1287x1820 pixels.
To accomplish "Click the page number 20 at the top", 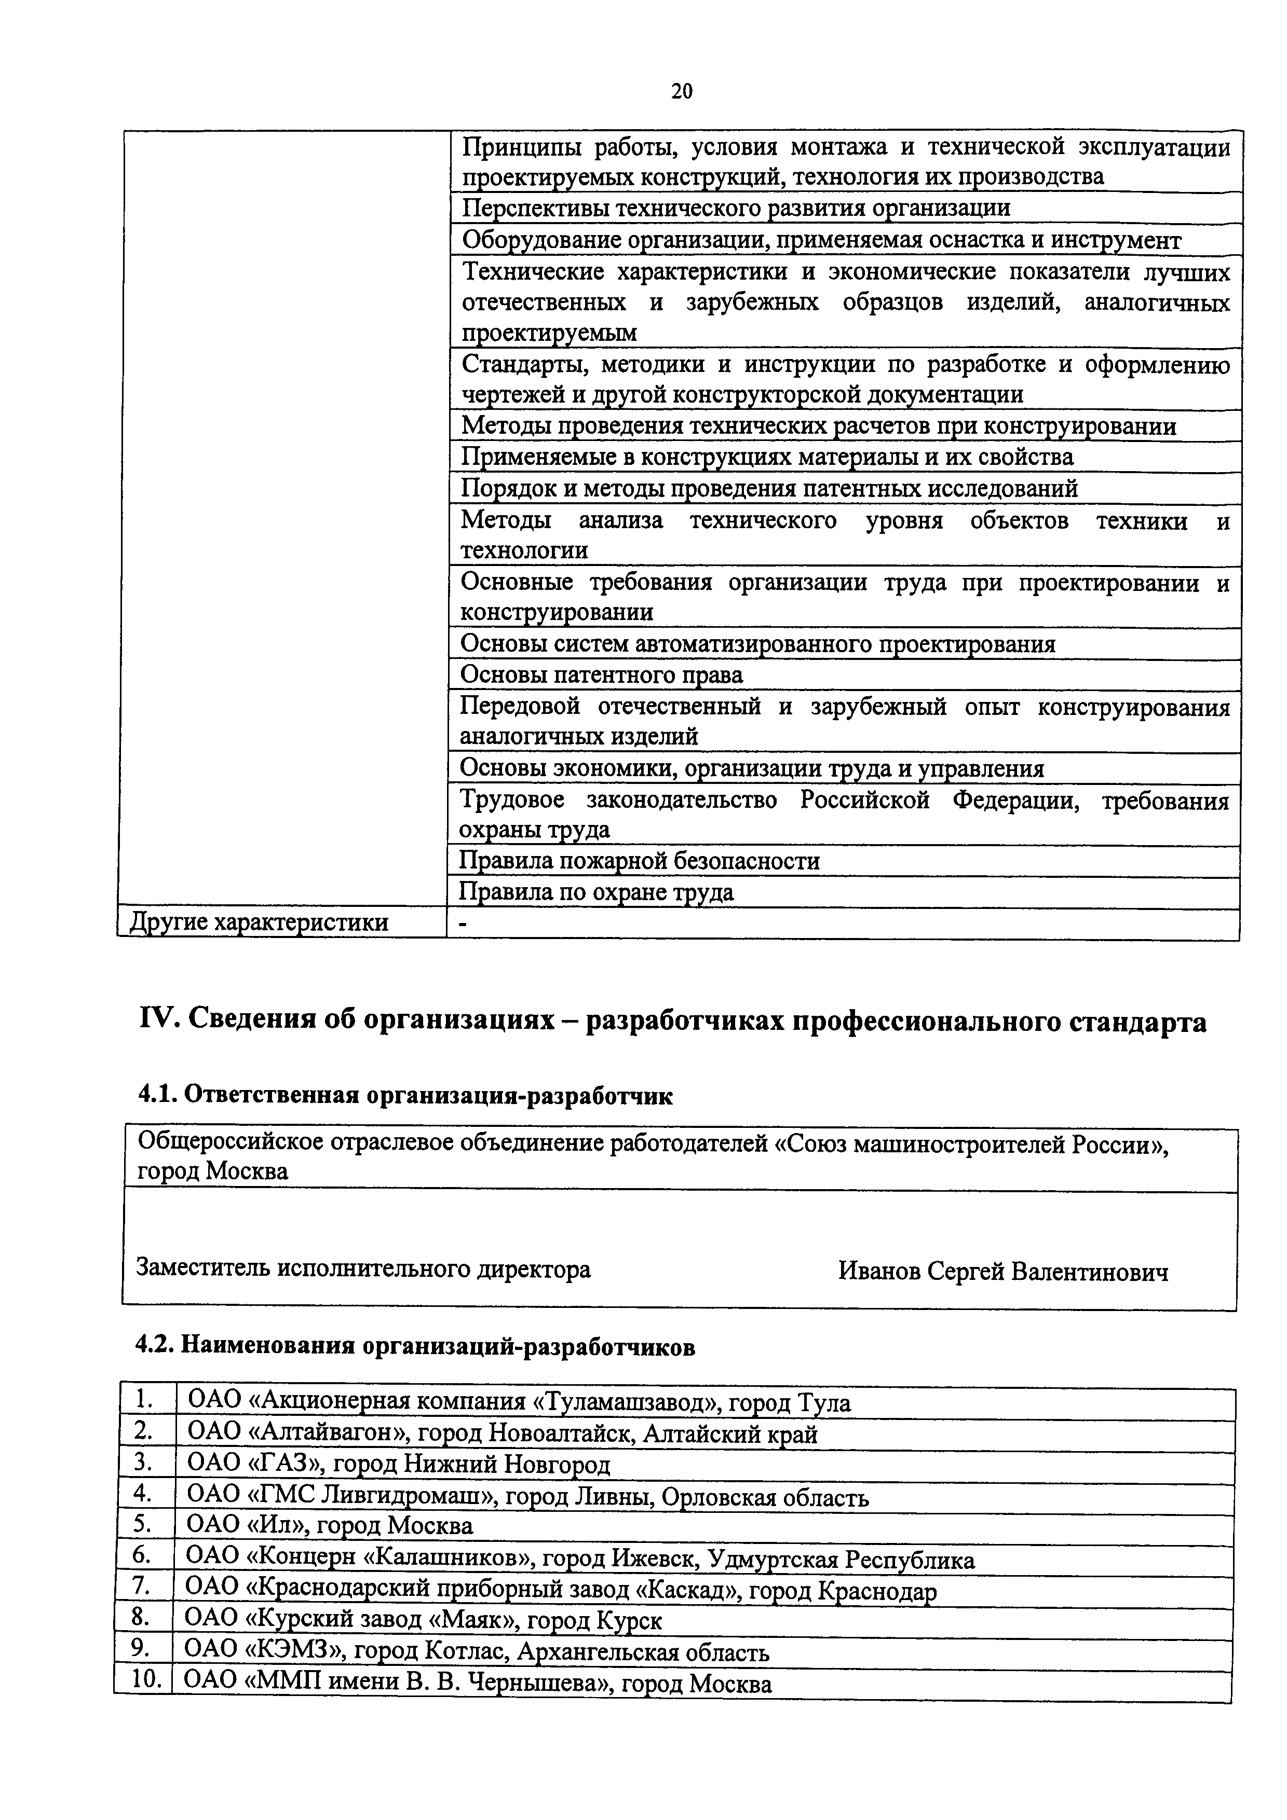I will (681, 92).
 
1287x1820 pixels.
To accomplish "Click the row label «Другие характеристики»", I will (259, 922).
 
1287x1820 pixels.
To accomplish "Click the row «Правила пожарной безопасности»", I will (640, 861).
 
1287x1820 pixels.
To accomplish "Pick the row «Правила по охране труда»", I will (597, 892).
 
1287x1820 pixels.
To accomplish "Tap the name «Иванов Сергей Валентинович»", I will (1003, 1272).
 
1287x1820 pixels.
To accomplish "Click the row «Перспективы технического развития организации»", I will (736, 208).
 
